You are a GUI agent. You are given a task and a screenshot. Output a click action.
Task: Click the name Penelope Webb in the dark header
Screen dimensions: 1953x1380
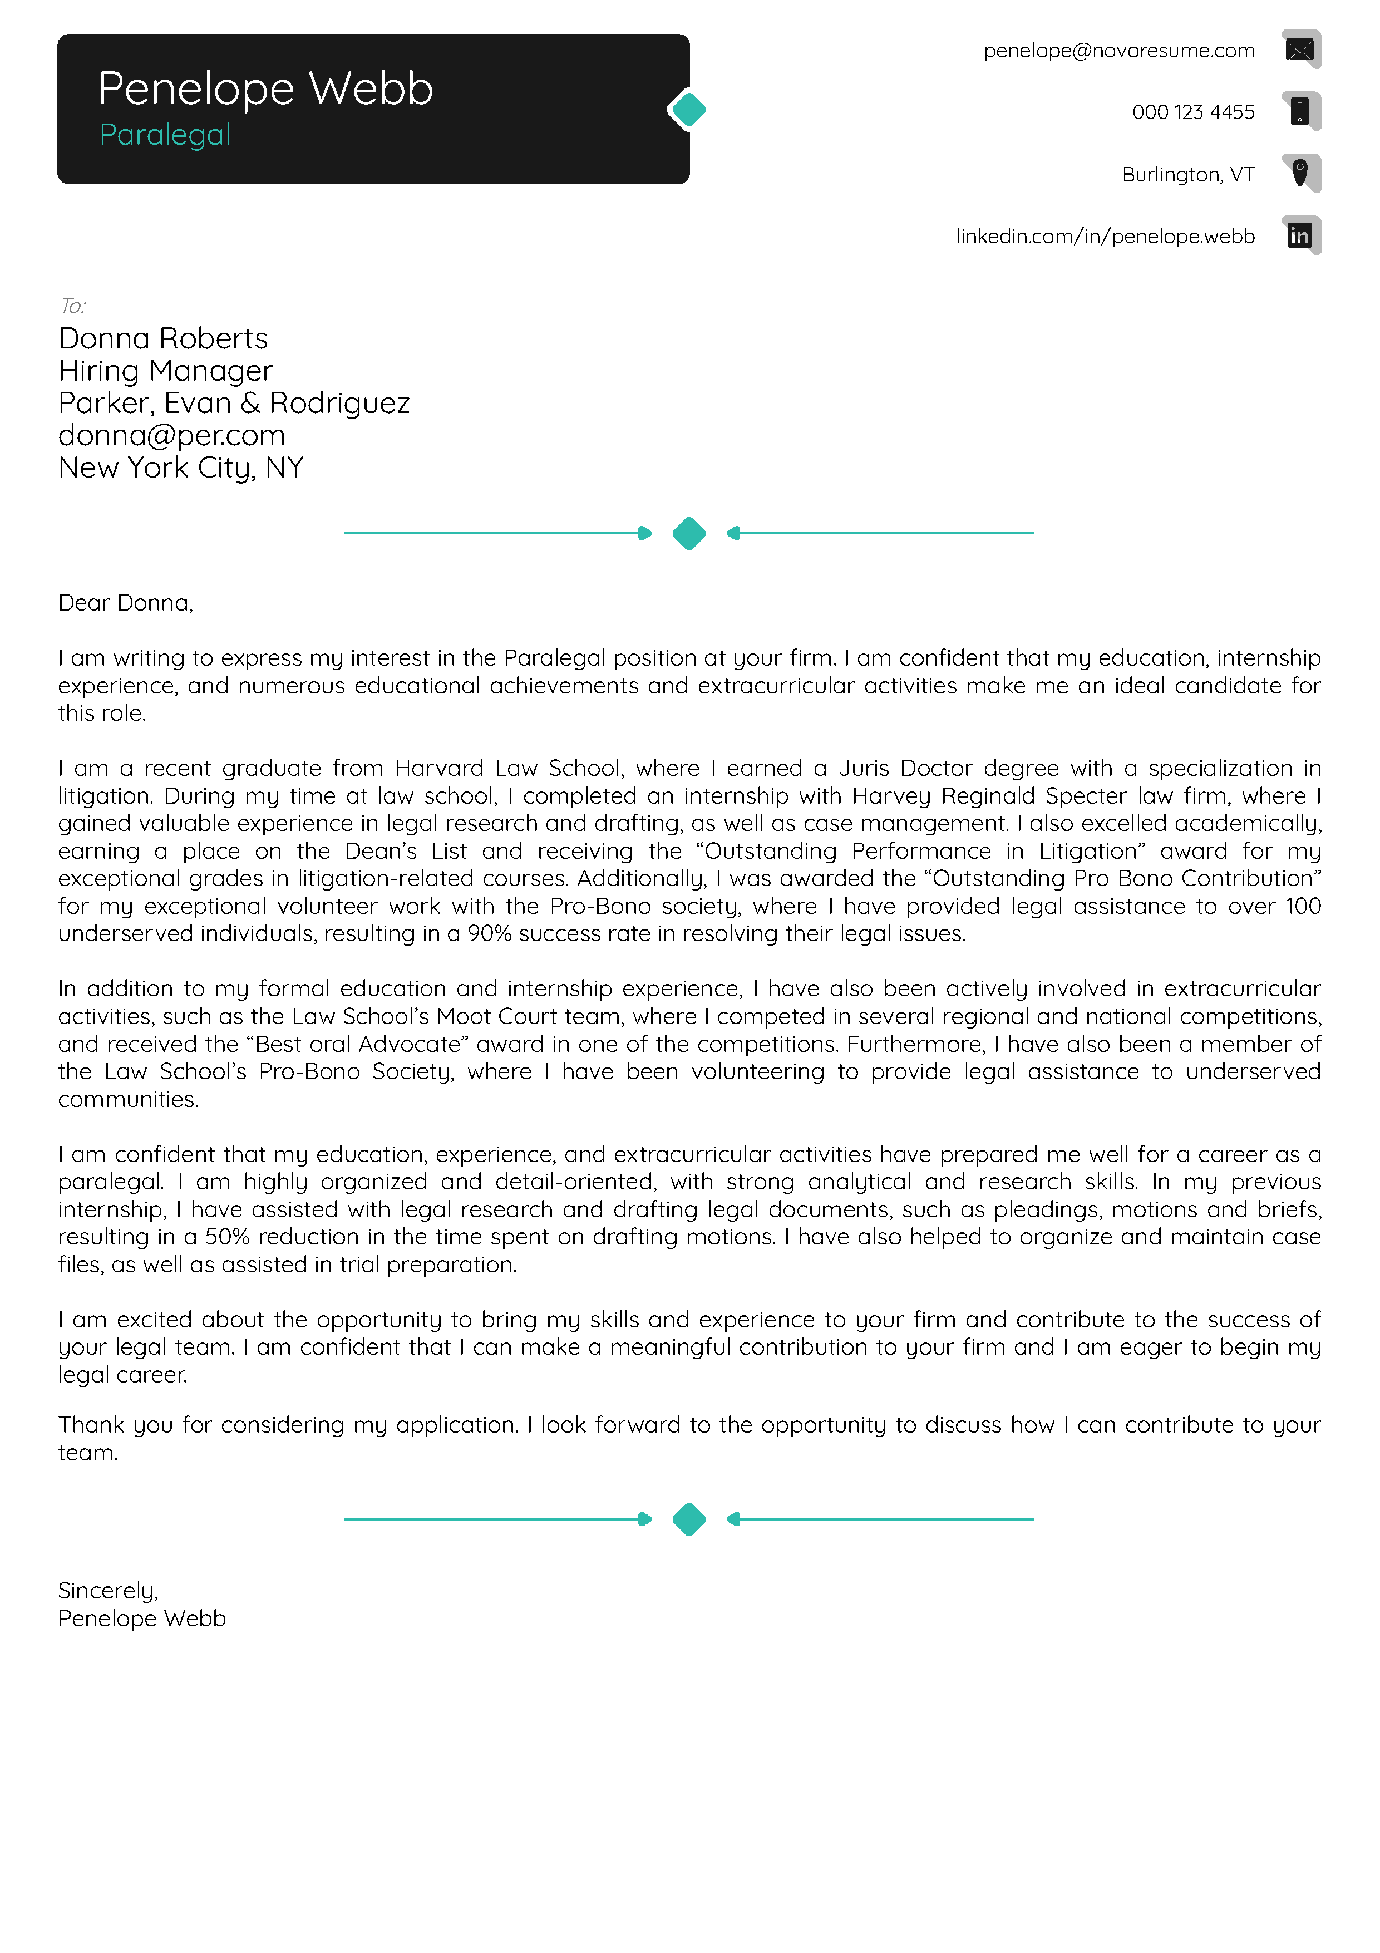[x=265, y=88]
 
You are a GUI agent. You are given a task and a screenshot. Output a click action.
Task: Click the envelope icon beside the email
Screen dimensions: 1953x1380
[x=1299, y=50]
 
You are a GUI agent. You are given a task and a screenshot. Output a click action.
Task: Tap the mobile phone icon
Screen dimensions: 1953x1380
[x=1299, y=111]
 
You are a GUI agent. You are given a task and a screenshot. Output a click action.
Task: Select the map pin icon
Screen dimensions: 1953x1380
[x=1299, y=173]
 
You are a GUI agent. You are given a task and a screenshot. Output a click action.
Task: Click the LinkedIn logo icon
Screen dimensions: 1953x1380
[x=1299, y=235]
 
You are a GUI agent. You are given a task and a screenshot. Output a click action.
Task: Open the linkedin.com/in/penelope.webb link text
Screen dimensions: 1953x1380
[x=1105, y=237]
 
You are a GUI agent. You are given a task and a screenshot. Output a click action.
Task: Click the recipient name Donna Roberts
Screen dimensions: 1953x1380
[x=163, y=338]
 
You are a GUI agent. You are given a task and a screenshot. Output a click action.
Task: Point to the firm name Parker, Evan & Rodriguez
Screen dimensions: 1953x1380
[x=234, y=403]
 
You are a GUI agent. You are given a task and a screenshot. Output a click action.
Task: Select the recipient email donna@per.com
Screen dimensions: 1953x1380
[x=172, y=435]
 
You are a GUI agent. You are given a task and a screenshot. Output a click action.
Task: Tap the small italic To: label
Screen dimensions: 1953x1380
[x=73, y=306]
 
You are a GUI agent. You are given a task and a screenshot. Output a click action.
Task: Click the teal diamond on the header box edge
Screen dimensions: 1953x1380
[x=689, y=110]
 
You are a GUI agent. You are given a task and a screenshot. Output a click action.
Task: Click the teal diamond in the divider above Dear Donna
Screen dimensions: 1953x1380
[x=689, y=533]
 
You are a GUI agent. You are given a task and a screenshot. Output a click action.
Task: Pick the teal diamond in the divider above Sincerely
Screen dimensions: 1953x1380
[x=689, y=1519]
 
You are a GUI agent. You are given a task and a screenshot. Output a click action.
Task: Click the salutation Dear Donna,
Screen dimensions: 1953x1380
[x=126, y=603]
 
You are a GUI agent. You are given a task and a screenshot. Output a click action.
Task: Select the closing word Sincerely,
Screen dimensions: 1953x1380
[x=108, y=1591]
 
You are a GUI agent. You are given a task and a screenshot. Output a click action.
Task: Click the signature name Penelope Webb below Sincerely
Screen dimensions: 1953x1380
[x=142, y=1619]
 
